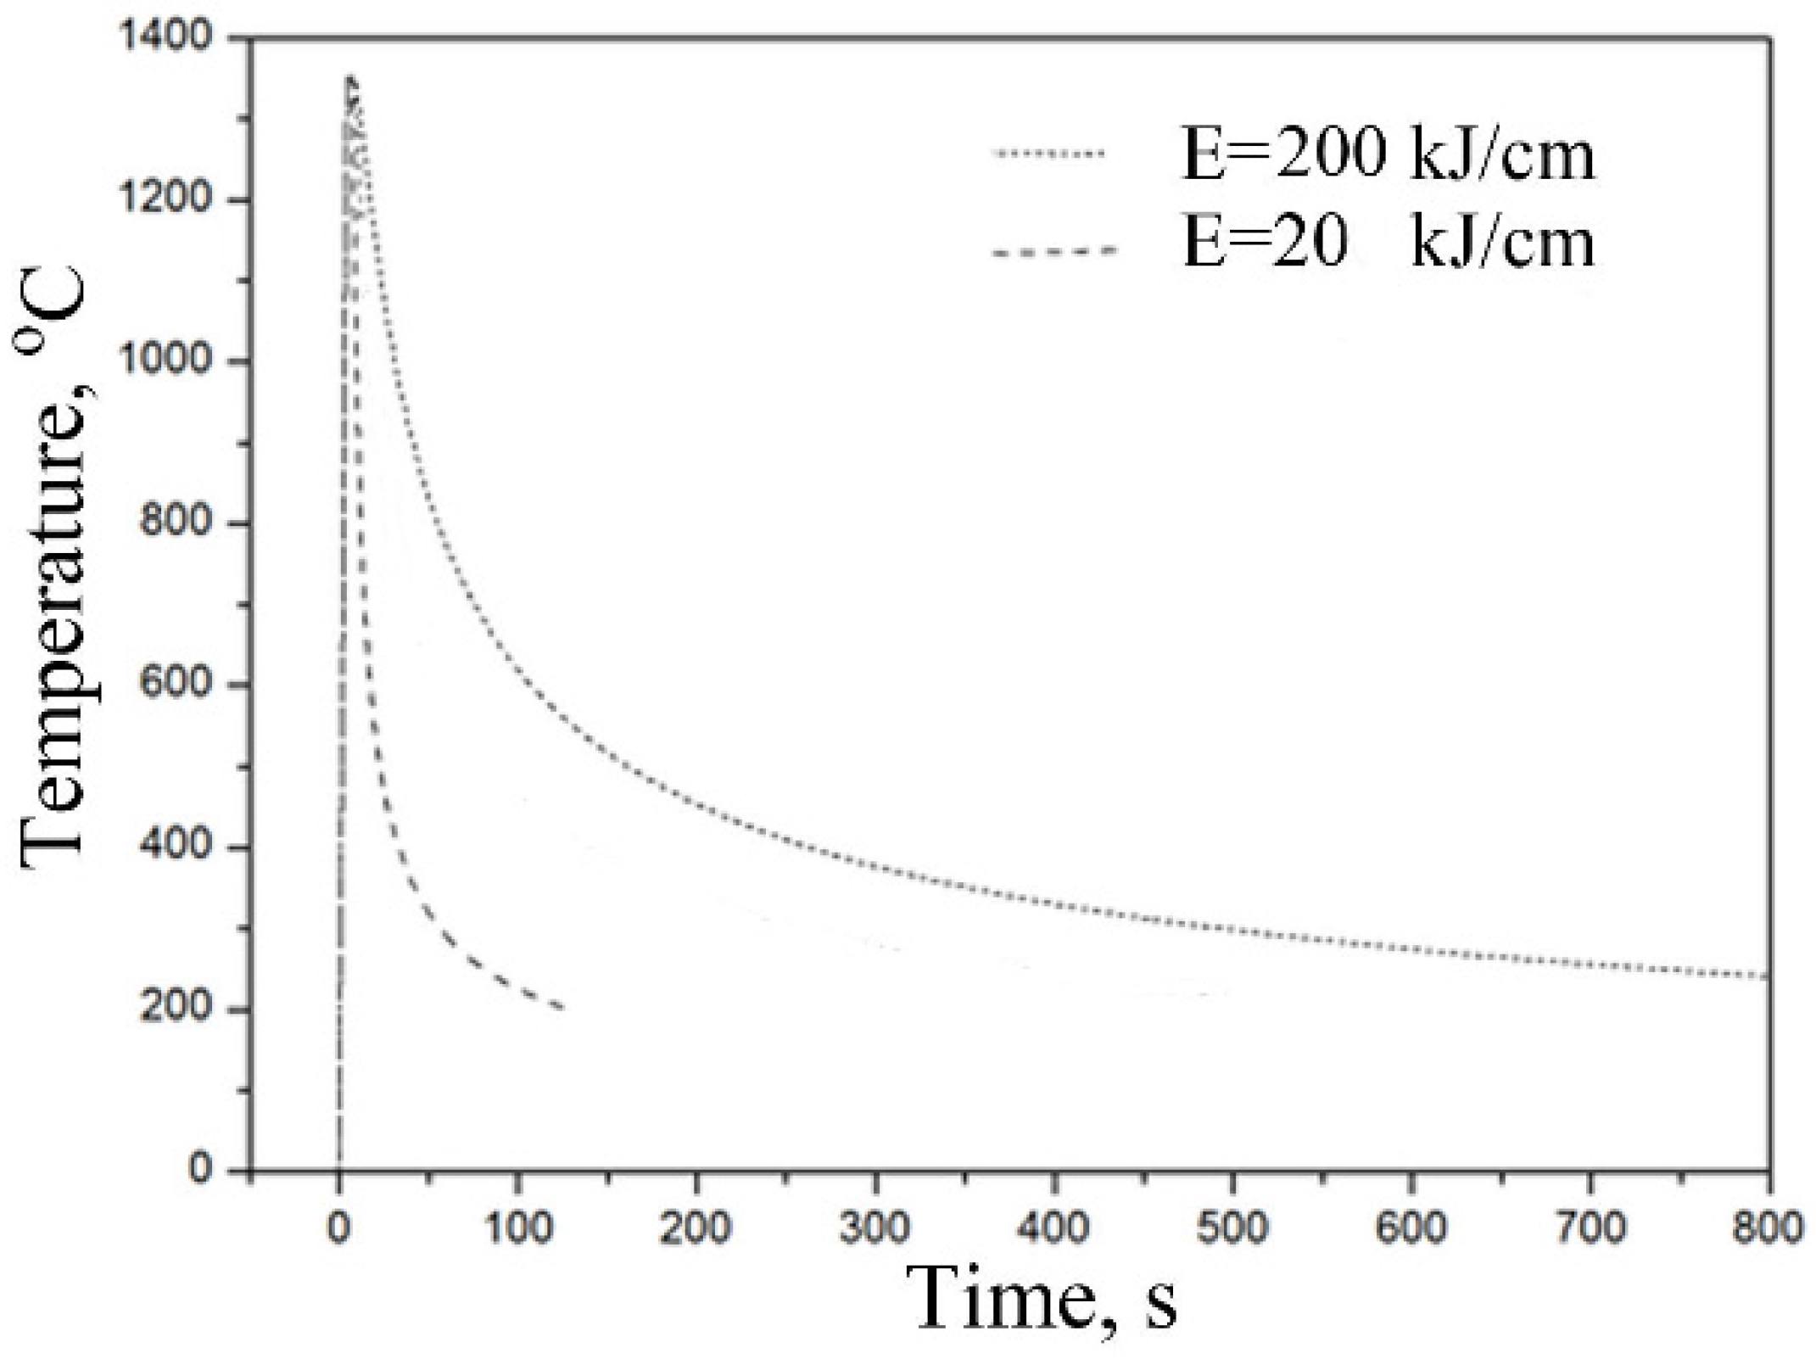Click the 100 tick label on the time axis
[517, 1228]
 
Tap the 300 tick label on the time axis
[875, 1228]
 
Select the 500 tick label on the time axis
[1232, 1228]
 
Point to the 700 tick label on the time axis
[1590, 1228]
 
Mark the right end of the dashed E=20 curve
[562, 1008]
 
